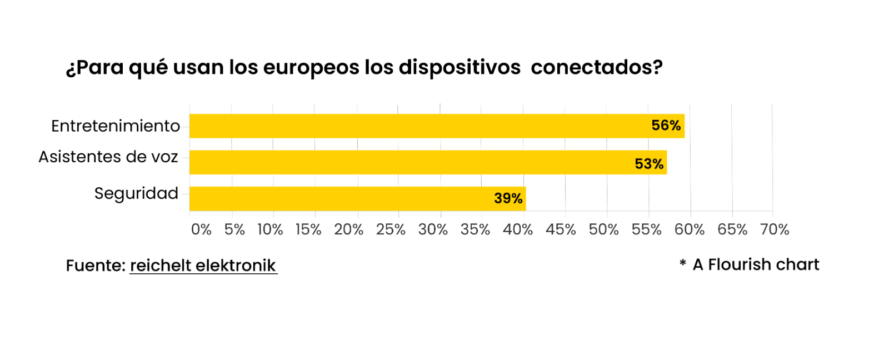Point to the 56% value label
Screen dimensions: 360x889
pyautogui.click(x=666, y=126)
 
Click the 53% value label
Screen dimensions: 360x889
pyautogui.click(x=649, y=164)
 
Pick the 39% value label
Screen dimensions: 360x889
pyautogui.click(x=508, y=198)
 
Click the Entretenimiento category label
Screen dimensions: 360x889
pyautogui.click(x=116, y=126)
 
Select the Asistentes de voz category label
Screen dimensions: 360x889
pyautogui.click(x=108, y=157)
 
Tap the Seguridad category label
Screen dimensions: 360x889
pyautogui.click(x=136, y=193)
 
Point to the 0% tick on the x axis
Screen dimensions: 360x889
pyautogui.click(x=201, y=229)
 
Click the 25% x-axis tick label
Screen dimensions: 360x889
pyautogui.click(x=391, y=229)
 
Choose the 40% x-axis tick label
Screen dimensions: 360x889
pyautogui.click(x=517, y=229)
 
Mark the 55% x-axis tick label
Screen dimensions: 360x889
pyautogui.click(x=646, y=229)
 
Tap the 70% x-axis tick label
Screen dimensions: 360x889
pyautogui.click(x=775, y=229)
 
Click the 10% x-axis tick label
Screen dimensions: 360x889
pyautogui.click(x=270, y=229)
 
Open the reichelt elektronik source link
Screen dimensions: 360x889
pyautogui.click(x=203, y=266)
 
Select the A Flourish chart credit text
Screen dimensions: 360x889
pyautogui.click(x=756, y=264)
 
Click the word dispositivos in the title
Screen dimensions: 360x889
pyautogui.click(x=460, y=67)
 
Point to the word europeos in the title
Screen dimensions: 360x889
pyautogui.click(x=311, y=67)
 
